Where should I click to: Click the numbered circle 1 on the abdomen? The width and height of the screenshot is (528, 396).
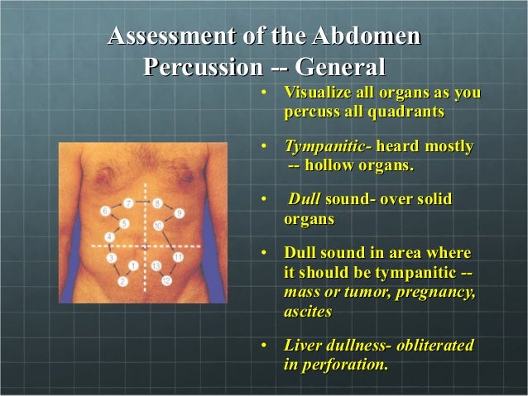click(x=133, y=265)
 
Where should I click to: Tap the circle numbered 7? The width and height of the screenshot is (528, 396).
click(x=128, y=202)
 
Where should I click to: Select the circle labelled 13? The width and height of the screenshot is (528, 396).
click(x=156, y=265)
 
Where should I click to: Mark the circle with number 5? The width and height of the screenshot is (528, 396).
click(x=123, y=224)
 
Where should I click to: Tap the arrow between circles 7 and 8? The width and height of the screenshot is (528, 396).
click(x=142, y=202)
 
